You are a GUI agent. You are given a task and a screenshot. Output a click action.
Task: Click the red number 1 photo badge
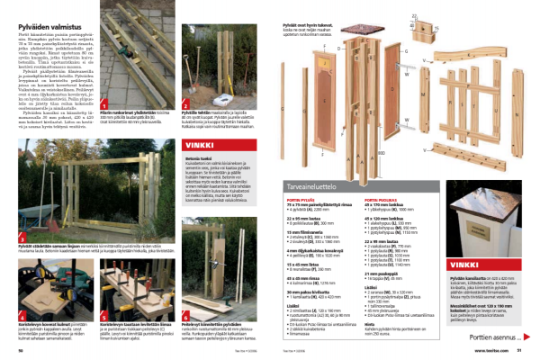tap(105, 103)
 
